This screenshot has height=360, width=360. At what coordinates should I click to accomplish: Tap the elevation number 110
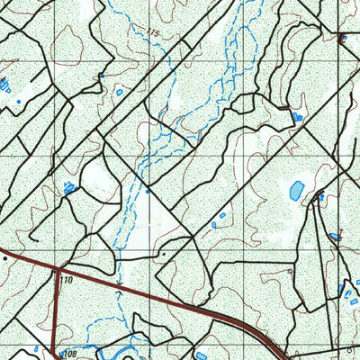(x=65, y=281)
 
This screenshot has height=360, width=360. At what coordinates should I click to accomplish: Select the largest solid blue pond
(x=296, y=190)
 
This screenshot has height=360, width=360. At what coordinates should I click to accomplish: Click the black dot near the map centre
(x=163, y=255)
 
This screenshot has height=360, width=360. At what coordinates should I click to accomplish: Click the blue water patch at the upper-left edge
(x=4, y=86)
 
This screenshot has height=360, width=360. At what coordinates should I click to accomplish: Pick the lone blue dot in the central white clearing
(x=147, y=190)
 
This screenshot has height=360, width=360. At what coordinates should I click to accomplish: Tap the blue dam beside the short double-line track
(x=297, y=116)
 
